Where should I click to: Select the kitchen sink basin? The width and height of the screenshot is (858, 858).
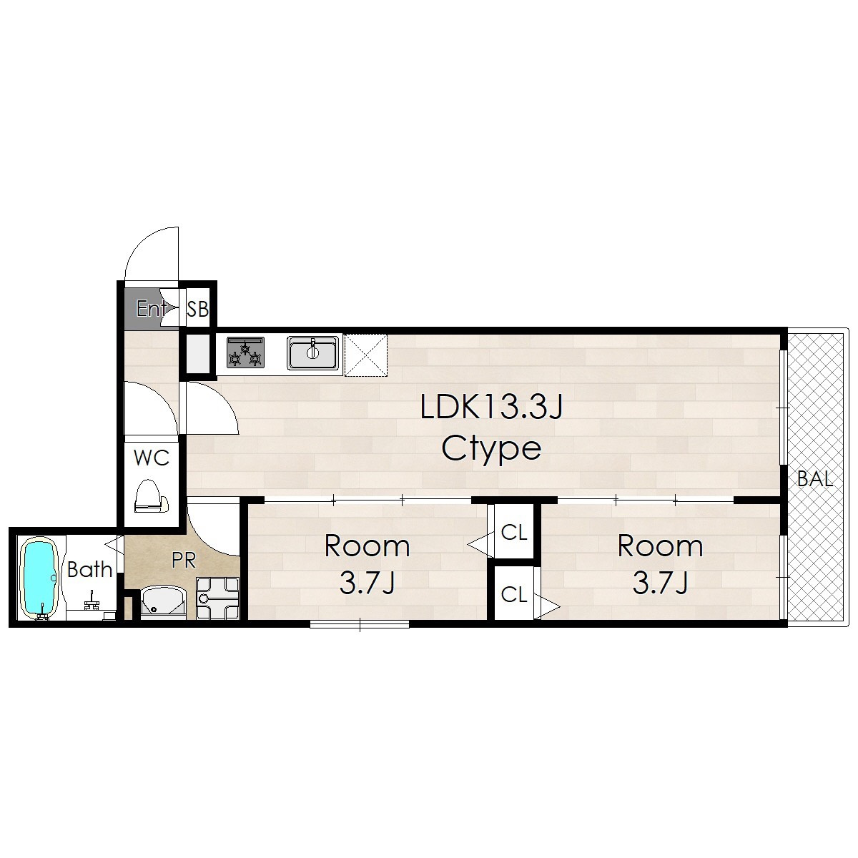[x=312, y=353]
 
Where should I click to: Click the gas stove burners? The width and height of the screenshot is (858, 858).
[x=245, y=352]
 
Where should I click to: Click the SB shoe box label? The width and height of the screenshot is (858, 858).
[x=197, y=309]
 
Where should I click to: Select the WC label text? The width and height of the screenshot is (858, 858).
[x=152, y=458]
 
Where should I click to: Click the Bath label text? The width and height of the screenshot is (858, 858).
[x=89, y=569]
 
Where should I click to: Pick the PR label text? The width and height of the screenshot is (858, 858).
[x=184, y=561]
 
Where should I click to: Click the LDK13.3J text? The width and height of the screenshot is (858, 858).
[x=492, y=407]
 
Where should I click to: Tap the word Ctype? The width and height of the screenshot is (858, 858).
[x=491, y=448]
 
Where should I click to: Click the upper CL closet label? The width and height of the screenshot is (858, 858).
[x=514, y=532]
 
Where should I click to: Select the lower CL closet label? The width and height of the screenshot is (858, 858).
[x=514, y=594]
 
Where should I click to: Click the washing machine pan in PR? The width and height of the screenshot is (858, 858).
[x=218, y=598]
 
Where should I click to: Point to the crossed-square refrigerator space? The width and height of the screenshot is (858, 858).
[x=366, y=355]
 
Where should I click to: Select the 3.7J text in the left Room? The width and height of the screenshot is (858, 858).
[x=367, y=583]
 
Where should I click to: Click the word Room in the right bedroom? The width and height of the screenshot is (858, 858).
[x=660, y=546]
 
